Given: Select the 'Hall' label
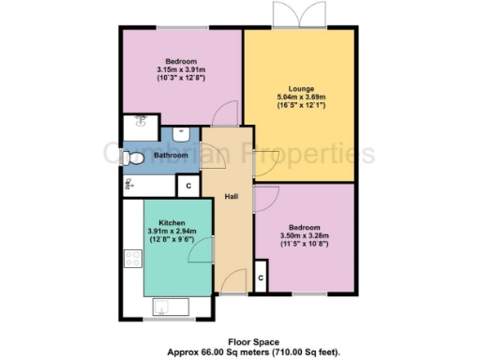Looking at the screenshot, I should tap(231, 198).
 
